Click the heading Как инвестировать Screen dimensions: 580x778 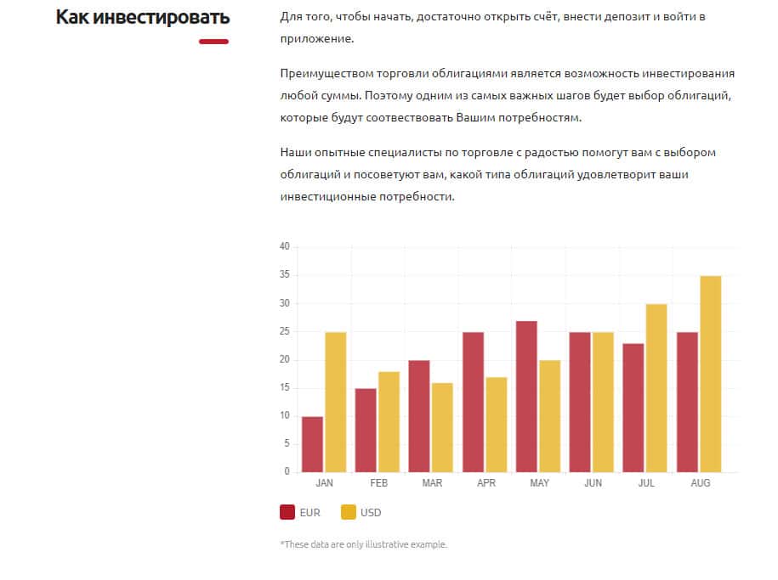[x=143, y=17]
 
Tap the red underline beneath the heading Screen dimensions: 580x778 [x=213, y=42]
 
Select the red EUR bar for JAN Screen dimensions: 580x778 [x=312, y=444]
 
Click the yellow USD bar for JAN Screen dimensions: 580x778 [x=336, y=402]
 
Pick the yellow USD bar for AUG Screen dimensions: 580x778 [x=711, y=374]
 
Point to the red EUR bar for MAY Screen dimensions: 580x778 [x=527, y=397]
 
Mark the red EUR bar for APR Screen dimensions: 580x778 [x=474, y=402]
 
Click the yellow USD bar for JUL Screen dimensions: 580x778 [x=656, y=388]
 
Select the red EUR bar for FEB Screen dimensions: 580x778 [x=366, y=430]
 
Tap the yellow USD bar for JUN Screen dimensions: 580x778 [x=604, y=402]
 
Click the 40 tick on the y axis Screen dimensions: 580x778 [x=285, y=247]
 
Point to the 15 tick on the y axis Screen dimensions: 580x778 [x=285, y=388]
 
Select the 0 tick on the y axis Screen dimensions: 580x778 [x=287, y=472]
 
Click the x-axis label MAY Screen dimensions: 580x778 [x=539, y=483]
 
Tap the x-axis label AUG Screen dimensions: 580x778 [x=700, y=483]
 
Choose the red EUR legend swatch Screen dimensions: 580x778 [x=287, y=512]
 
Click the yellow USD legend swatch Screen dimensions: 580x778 [x=349, y=512]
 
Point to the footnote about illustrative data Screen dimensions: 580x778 [x=363, y=544]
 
